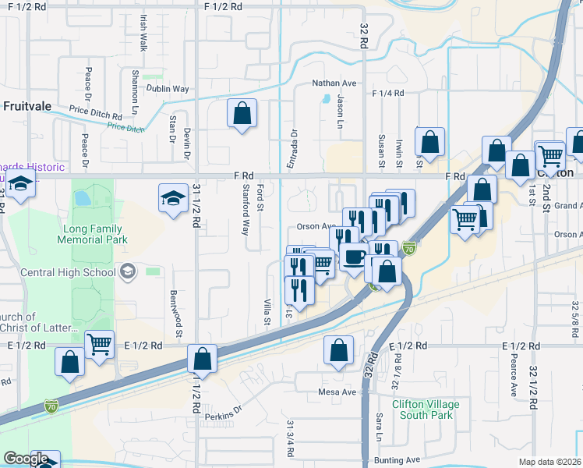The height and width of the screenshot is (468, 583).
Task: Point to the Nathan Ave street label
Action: [x=334, y=83]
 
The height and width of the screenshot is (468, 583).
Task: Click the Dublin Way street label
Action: [x=170, y=89]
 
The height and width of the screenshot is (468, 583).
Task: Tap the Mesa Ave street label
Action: [x=337, y=392]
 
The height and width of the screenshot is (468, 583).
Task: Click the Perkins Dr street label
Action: [x=224, y=415]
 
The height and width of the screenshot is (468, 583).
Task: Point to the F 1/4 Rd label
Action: [x=388, y=93]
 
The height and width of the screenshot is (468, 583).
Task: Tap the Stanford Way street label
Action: [x=245, y=210]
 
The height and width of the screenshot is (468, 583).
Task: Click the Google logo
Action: [x=26, y=459]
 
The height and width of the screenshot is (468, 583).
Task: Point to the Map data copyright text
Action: [x=550, y=462]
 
